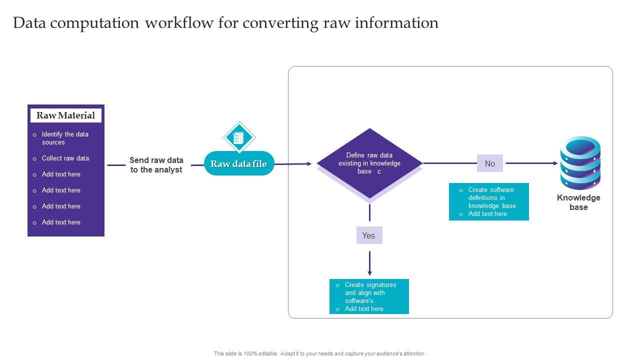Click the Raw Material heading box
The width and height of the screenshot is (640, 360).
click(65, 115)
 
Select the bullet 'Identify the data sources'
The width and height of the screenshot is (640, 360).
click(65, 138)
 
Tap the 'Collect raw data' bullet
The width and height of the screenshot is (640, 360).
click(65, 158)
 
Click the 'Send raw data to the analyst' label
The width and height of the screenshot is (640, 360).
click(156, 165)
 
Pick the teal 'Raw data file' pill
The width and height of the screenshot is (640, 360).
click(239, 163)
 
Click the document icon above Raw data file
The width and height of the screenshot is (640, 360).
click(239, 137)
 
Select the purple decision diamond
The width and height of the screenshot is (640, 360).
click(369, 163)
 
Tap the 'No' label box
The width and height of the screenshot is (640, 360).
click(490, 163)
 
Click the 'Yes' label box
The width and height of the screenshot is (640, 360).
click(369, 235)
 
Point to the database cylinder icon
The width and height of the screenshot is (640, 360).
click(580, 162)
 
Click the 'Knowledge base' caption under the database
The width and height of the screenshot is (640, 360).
click(578, 202)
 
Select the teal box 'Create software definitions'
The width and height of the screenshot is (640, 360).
click(488, 201)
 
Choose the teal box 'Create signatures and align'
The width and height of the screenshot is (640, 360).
click(369, 296)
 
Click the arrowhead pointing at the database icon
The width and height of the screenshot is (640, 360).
click(555, 163)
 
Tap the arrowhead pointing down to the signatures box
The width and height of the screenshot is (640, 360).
click(369, 273)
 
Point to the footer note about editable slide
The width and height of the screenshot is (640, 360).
click(319, 353)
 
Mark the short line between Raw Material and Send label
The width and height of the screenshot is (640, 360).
click(116, 165)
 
